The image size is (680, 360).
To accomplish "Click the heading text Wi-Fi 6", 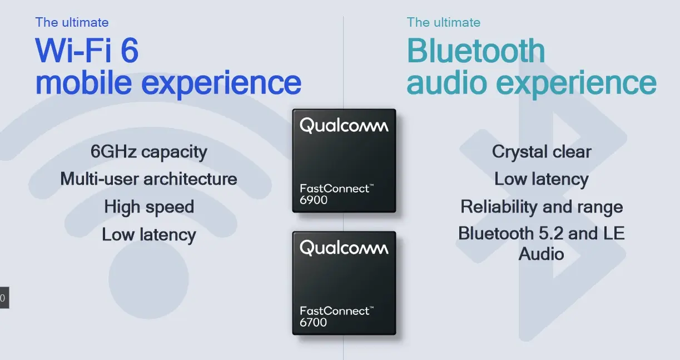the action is coord(87,50).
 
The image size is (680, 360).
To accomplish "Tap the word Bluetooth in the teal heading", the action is coord(476,50).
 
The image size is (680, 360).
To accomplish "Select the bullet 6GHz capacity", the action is coord(149,151).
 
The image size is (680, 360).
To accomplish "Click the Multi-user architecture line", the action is coord(148,179).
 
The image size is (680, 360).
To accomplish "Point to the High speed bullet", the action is coord(149,207).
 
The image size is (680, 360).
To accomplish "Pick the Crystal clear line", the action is coord(542,151).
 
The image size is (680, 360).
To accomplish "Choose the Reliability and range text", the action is coord(542,207).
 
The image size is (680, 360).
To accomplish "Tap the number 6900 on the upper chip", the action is coord(313,200).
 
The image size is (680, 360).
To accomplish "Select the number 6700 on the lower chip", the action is coord(313,322).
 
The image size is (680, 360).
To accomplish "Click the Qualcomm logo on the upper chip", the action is coord(344,125).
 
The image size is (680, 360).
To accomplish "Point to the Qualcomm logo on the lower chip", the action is coord(344,248).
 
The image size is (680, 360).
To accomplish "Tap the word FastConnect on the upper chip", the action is coord(335,189).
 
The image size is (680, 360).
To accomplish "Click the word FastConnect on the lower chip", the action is coord(335,311).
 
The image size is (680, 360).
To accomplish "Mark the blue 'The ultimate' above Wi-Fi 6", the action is coord(72,22).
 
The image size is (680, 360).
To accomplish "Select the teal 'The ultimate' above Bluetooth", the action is coord(444,22).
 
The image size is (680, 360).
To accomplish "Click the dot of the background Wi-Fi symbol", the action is coord(149,279).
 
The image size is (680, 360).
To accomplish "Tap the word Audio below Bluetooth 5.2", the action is coord(541,254).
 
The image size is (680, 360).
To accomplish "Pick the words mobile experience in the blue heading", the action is coord(168,83).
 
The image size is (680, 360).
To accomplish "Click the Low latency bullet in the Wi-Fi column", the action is coord(149,235).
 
